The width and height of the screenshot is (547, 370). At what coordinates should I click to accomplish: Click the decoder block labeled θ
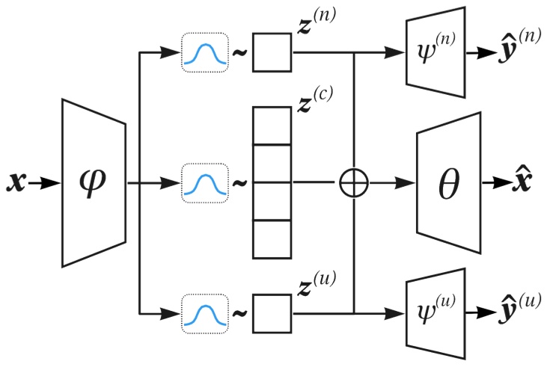447,182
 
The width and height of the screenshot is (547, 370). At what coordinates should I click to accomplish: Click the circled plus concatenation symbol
353,182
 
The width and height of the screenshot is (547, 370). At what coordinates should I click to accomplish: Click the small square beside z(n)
272,52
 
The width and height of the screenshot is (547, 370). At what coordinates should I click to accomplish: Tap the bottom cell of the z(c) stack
272,239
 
